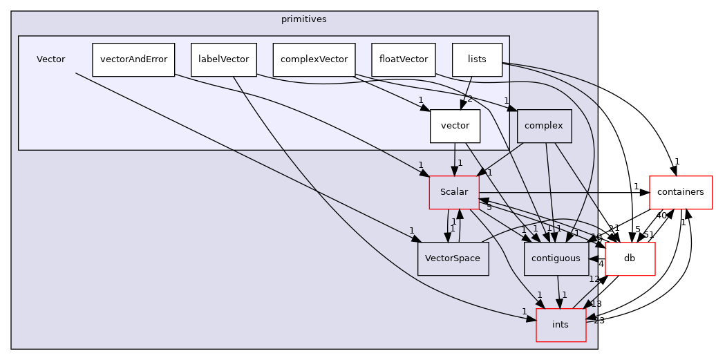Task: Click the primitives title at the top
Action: point(303,19)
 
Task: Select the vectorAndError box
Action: point(133,59)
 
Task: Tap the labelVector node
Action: point(223,59)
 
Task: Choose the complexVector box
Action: point(314,59)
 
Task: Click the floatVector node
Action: point(404,59)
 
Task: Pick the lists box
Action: point(477,59)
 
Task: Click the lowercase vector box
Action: point(455,126)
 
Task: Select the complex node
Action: point(544,126)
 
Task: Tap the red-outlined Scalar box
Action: point(454,192)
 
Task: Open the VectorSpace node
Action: point(453,258)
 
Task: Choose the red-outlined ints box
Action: point(560,325)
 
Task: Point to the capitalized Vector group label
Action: point(51,59)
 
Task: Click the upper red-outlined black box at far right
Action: point(681,192)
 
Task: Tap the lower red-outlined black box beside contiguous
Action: point(630,258)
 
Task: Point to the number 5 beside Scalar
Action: point(489,207)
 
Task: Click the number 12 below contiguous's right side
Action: point(593,279)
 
